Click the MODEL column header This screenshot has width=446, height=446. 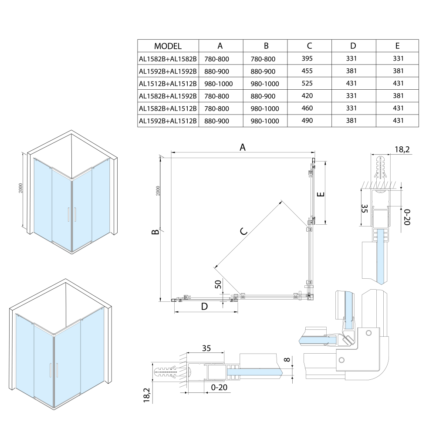point(168,46)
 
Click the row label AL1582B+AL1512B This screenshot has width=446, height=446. point(168,108)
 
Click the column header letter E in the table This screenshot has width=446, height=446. point(397,46)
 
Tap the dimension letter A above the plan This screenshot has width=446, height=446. point(243,147)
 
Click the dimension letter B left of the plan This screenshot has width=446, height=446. point(155,233)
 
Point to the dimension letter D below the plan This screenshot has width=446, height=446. point(204,307)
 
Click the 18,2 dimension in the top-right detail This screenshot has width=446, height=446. point(402,149)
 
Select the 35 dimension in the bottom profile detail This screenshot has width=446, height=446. point(206,348)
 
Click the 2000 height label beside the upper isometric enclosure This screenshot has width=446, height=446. point(21,188)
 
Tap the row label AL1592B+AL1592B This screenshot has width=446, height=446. point(168,71)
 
